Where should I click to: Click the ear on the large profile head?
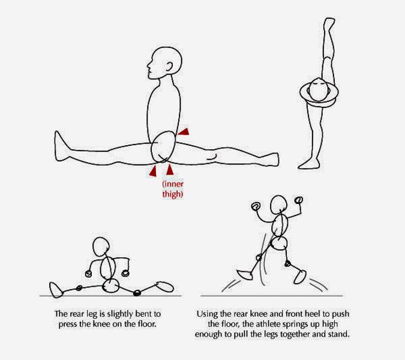click(x=169, y=66)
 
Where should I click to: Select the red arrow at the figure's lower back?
click(x=184, y=131)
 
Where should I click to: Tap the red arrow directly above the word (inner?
click(x=170, y=170)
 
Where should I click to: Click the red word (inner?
click(x=173, y=184)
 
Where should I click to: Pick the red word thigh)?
click(x=173, y=194)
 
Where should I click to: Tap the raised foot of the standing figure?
click(x=329, y=23)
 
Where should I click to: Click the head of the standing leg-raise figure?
click(x=319, y=89)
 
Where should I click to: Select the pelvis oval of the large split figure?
click(x=163, y=146)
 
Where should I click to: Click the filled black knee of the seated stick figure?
click(x=137, y=293)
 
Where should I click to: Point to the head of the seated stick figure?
click(x=101, y=247)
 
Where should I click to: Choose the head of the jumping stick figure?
click(x=278, y=205)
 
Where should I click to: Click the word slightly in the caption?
click(x=120, y=314)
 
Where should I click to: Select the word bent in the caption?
click(x=143, y=314)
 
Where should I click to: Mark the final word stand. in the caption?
click(x=338, y=334)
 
